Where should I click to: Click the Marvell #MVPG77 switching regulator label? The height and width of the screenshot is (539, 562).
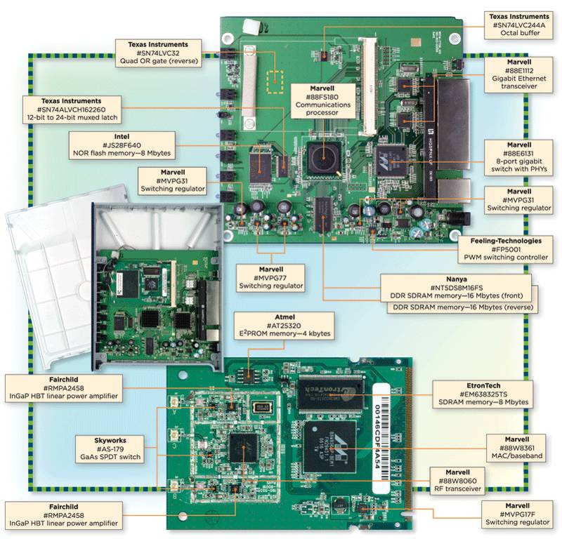pos(270,277)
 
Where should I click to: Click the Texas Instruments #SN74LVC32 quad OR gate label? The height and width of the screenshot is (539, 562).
pos(158,52)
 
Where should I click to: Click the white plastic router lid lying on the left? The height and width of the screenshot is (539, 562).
pos(42,281)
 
